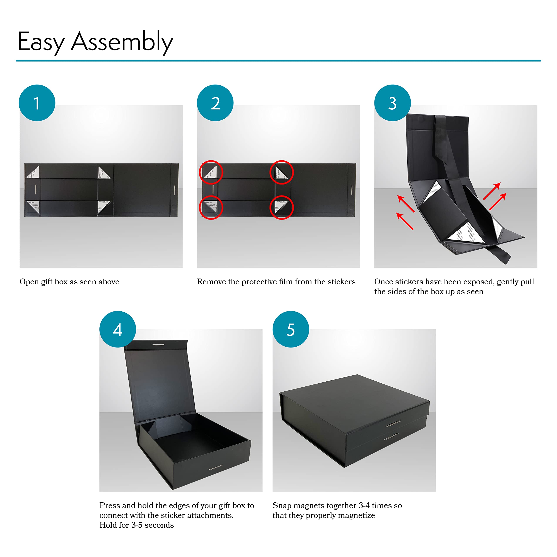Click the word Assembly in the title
click(x=122, y=42)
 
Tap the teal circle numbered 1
click(x=37, y=103)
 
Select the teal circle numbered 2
click(x=215, y=103)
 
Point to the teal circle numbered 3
click(x=392, y=103)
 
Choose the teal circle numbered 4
click(x=118, y=329)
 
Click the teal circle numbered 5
click(x=291, y=329)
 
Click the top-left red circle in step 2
click(x=211, y=172)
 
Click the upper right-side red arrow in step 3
click(x=492, y=191)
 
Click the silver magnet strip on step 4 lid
click(x=158, y=344)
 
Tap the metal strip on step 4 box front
click(x=215, y=467)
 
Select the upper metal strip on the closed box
click(x=393, y=424)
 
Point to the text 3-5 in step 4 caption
click(x=137, y=525)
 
